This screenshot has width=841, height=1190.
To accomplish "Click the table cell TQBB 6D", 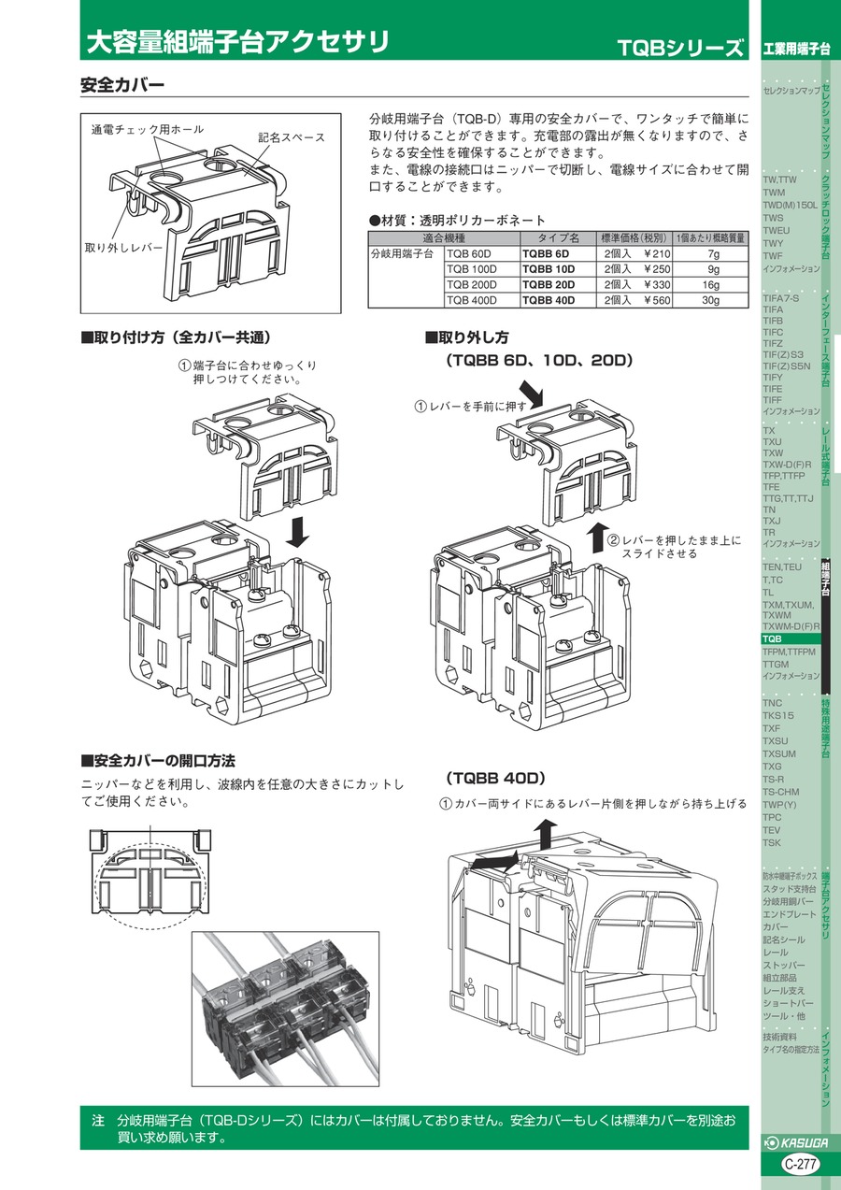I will tap(546, 253).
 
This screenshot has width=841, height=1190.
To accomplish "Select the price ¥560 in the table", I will tap(637, 300).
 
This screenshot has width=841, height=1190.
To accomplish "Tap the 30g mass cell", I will tap(712, 300).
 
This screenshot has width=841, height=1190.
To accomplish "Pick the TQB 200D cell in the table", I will tap(472, 284).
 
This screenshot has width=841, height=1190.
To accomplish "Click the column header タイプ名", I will tap(557, 237).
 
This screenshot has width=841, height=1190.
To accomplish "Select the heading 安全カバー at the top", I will tap(122, 85).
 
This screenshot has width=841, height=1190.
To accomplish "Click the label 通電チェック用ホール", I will tap(147, 129).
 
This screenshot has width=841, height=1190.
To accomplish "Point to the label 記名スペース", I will tap(292, 137).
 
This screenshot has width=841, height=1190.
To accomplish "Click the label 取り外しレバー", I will tap(123, 248).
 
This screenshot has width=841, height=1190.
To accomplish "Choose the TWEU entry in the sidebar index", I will tap(777, 230).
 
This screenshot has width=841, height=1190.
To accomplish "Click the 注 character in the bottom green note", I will tap(98, 1119).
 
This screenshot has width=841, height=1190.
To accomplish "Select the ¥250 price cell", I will tap(637, 269).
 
